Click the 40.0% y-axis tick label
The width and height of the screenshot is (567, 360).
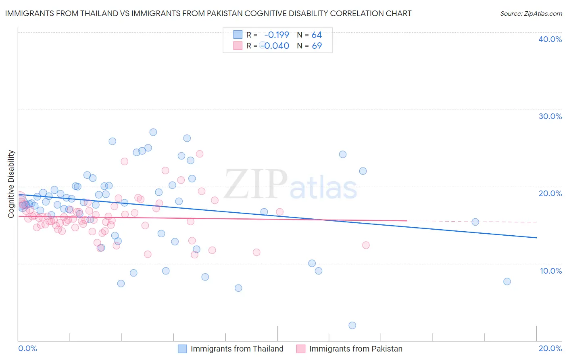[550, 39]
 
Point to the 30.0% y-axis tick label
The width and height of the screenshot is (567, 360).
[550, 116]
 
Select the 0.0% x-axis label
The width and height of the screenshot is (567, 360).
[27, 348]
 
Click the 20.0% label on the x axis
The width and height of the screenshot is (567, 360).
[550, 348]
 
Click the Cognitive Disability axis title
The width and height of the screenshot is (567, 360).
[11, 184]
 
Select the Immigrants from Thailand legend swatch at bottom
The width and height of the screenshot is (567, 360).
[182, 349]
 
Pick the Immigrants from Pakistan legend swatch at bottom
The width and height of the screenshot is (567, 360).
[301, 349]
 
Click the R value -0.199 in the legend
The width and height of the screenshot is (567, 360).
[277, 35]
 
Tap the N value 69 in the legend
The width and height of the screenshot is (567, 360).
[317, 46]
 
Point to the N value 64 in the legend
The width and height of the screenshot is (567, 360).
[317, 35]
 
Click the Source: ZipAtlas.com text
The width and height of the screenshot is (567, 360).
[531, 14]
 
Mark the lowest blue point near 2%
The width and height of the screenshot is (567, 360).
[352, 325]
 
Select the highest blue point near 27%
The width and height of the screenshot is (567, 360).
[153, 132]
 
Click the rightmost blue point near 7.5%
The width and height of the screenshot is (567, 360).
[507, 281]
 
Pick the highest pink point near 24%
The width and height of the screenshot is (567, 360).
[199, 154]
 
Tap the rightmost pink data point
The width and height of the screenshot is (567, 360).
[366, 245]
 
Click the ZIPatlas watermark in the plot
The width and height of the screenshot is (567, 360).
[290, 184]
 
